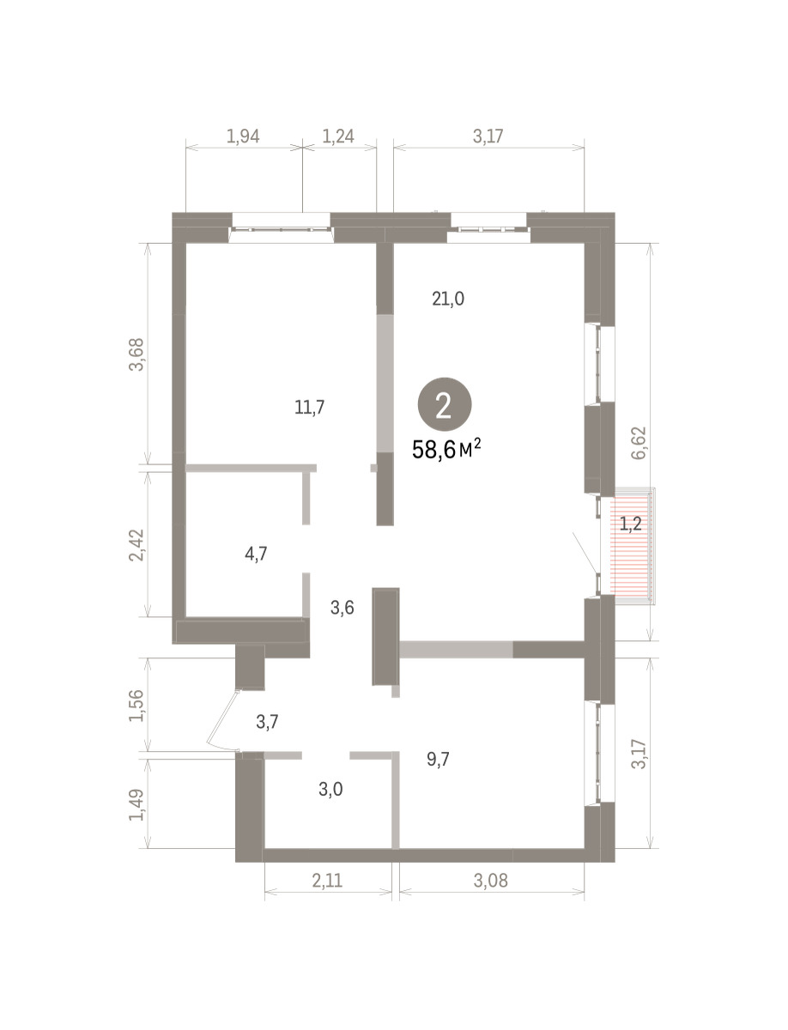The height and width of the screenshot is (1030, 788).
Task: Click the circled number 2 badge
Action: click(x=444, y=404)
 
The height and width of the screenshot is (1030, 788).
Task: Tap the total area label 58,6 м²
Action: click(x=446, y=450)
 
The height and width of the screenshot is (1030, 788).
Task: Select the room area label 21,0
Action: click(x=448, y=299)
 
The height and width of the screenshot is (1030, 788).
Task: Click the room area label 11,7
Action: click(x=309, y=408)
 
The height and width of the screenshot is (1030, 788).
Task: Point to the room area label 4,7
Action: click(x=257, y=554)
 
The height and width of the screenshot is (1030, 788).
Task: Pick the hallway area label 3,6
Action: click(x=342, y=609)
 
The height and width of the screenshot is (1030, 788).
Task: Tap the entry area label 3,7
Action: click(x=268, y=722)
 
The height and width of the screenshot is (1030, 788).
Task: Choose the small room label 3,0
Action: click(x=330, y=790)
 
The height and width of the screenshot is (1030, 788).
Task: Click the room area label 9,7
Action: click(x=438, y=759)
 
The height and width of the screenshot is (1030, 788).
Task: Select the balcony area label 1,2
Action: click(x=631, y=524)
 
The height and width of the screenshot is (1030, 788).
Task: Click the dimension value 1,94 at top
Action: click(x=243, y=136)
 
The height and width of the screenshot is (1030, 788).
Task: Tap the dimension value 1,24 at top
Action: click(x=338, y=136)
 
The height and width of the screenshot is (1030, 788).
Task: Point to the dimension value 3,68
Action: click(x=137, y=354)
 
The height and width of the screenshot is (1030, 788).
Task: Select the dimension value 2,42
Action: click(x=137, y=545)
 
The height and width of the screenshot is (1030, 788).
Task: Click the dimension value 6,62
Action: click(x=639, y=443)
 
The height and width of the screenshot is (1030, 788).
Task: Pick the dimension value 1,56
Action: click(x=137, y=706)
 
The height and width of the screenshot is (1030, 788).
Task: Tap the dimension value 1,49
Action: click(x=137, y=805)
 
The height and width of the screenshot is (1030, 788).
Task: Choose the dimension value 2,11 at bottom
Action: click(x=328, y=882)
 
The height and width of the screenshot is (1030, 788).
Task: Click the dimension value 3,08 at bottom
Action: click(x=491, y=882)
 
